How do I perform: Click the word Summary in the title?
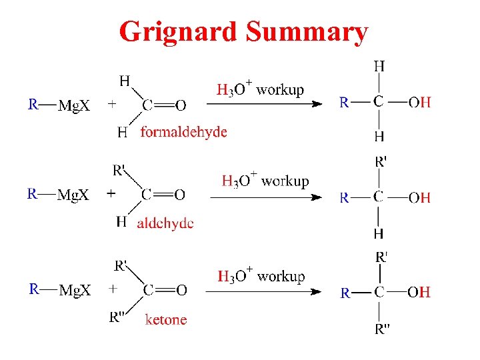pos(306,32)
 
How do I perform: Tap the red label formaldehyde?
pos(183,132)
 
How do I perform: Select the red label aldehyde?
pos(165,223)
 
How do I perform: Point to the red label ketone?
pos(166,320)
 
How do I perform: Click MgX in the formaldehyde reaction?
pos(75,105)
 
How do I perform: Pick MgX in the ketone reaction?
pos(75,291)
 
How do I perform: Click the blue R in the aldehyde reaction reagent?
pos(31,194)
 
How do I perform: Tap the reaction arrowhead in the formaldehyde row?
pos(319,104)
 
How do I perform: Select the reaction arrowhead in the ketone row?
pos(319,291)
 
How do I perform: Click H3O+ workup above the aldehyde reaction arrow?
pos(265,181)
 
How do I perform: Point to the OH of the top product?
pos(419,103)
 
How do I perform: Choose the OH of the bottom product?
pos(419,292)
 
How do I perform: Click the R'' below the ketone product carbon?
pos(382,329)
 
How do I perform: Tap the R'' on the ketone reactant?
pos(119,317)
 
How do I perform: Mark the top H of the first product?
pos(379,66)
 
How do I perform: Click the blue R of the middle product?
pos(344,197)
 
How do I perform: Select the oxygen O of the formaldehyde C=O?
pos(180,105)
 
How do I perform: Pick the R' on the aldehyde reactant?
pos(120,170)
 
